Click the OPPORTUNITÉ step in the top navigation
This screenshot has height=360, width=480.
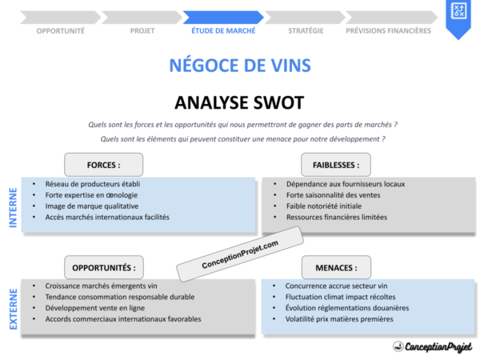coord(61,30)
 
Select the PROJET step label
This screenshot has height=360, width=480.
coord(142,30)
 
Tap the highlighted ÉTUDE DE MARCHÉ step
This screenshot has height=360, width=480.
coord(223,30)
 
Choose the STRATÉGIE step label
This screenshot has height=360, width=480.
coord(306,30)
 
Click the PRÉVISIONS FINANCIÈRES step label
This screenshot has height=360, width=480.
coord(388,30)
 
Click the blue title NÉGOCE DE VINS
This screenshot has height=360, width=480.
coord(240,65)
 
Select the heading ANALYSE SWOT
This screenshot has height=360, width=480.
coord(239,102)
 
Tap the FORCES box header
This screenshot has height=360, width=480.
coord(104,165)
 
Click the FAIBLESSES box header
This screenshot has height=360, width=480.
coord(330,165)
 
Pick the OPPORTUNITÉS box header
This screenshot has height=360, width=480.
coord(104,267)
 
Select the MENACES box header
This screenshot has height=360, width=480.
coord(330,267)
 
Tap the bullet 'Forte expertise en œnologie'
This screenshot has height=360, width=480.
coord(91,194)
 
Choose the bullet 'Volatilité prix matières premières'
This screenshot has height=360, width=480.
coord(339,318)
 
